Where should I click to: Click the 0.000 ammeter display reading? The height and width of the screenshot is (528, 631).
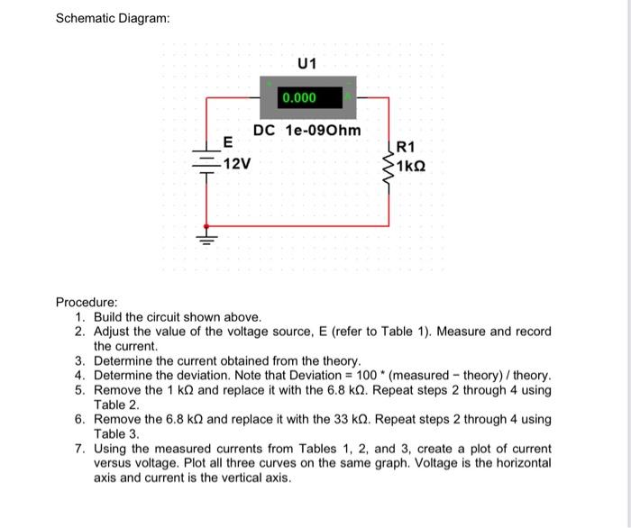[x=298, y=97]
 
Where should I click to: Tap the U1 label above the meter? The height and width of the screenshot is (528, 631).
[x=307, y=64]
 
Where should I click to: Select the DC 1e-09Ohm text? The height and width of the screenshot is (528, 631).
[x=306, y=131]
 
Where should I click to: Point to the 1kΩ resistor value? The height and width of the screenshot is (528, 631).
[x=409, y=167]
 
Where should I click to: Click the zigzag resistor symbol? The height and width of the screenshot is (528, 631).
[x=389, y=162]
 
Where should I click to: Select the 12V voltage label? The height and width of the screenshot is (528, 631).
[x=236, y=164]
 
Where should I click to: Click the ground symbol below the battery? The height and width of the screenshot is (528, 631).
[x=208, y=240]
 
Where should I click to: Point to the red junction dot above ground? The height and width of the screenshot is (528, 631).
[x=208, y=224]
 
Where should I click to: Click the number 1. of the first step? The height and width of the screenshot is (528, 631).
[x=80, y=317]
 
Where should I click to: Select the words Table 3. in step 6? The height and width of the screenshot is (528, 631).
[x=116, y=433]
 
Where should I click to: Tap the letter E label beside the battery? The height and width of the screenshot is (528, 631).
[x=227, y=142]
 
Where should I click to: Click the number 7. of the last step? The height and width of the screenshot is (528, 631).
[x=80, y=448]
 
